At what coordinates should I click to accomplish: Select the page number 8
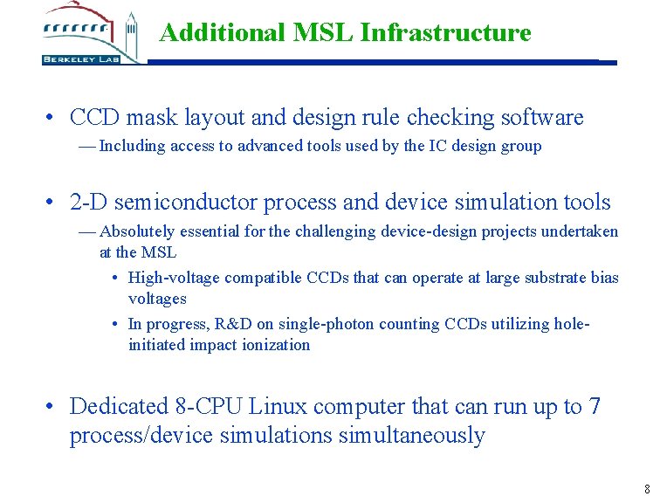coord(647,489)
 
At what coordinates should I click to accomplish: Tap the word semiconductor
coord(187,203)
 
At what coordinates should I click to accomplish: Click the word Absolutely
coord(137,231)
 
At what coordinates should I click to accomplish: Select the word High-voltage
coord(174,279)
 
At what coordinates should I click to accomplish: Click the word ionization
coord(277,345)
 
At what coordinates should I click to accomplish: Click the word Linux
coord(278,407)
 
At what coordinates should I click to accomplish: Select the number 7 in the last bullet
coord(595,407)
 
